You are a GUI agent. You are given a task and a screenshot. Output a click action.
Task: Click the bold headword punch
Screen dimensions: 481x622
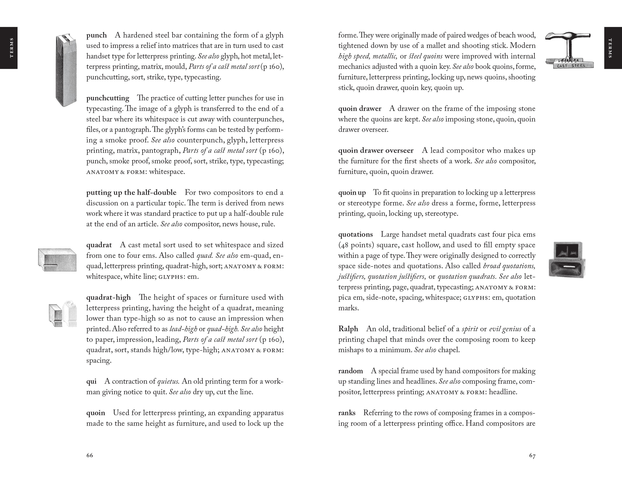[x=97, y=35]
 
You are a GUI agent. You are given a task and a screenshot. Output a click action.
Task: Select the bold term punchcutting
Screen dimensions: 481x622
[x=108, y=98]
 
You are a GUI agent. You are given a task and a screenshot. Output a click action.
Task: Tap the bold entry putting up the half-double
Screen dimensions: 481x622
[x=131, y=193]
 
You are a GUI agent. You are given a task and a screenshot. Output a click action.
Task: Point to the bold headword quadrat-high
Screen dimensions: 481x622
[x=109, y=297]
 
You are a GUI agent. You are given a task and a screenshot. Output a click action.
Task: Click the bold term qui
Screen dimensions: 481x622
[x=91, y=381]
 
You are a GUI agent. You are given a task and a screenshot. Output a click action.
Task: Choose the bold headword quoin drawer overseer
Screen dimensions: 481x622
[x=376, y=151]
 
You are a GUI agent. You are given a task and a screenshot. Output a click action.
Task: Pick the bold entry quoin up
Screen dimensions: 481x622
[x=352, y=193]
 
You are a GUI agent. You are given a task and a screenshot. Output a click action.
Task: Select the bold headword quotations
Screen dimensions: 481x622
[x=355, y=234]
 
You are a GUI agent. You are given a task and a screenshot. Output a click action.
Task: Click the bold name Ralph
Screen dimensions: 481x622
[x=348, y=329]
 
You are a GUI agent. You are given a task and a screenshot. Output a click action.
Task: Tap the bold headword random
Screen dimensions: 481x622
[x=351, y=371]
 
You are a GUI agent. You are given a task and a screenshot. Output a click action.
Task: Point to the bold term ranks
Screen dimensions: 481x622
[x=347, y=413]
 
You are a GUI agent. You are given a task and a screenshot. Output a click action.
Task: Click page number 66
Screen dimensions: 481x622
[x=90, y=455]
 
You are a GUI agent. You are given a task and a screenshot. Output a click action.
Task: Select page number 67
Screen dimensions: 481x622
[x=532, y=456]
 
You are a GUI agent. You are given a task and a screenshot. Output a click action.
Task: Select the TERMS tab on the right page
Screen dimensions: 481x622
[x=613, y=48]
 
